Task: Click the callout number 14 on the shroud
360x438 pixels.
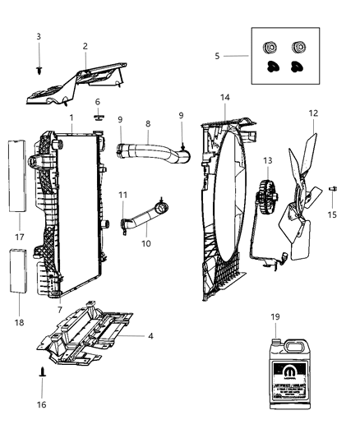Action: [224, 97]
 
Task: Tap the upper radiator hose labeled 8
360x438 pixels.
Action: [148, 153]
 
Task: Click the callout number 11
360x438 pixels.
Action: [122, 195]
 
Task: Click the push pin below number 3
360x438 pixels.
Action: [39, 71]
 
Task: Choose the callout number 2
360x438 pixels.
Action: [85, 46]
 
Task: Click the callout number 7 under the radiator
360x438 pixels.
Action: [58, 309]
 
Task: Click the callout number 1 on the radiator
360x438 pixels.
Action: [72, 118]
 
